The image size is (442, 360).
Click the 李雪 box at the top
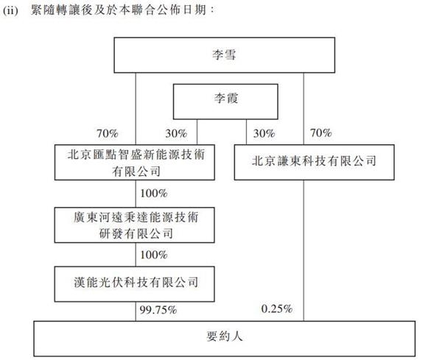225,55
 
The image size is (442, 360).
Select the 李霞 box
225,102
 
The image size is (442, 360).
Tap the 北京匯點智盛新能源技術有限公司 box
135,163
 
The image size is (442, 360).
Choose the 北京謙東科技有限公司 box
314,163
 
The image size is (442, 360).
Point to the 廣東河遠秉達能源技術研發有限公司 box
135,225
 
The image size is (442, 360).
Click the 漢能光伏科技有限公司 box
135,284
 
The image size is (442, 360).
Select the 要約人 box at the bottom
225,339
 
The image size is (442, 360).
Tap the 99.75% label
158,310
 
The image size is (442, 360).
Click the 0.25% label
276,309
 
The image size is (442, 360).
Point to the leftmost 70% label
108,133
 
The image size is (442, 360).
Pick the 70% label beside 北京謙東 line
320,133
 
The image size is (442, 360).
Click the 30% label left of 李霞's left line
176,133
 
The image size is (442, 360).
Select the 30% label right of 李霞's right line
264,133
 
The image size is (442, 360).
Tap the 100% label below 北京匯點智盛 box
154,193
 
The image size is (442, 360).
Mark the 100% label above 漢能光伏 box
154,255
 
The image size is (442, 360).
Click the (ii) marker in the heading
10,11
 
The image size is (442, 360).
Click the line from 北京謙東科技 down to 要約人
304,250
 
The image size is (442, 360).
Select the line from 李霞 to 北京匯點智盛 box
197,132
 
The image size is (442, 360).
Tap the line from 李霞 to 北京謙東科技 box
246,132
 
